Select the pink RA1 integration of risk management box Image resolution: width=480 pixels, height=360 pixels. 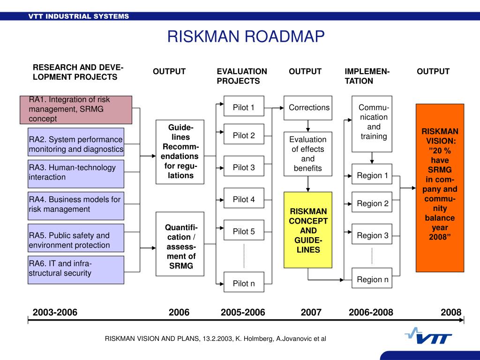(75, 110)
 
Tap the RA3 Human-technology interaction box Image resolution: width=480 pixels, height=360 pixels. (76, 173)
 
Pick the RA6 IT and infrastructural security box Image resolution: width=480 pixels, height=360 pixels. (76, 270)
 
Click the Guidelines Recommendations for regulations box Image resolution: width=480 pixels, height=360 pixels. (180, 152)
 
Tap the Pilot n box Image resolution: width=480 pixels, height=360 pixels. (244, 283)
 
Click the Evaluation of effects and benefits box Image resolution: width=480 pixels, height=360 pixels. (307, 154)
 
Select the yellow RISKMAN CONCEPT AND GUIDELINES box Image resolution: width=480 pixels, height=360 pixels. (308, 230)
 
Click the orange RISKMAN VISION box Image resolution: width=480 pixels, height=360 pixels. (440, 187)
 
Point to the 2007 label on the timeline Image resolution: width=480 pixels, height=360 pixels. (311, 313)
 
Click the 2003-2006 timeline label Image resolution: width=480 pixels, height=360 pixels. (55, 313)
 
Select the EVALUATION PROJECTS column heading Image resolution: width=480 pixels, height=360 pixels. (242, 76)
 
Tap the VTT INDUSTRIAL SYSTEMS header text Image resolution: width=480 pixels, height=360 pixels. (78, 16)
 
